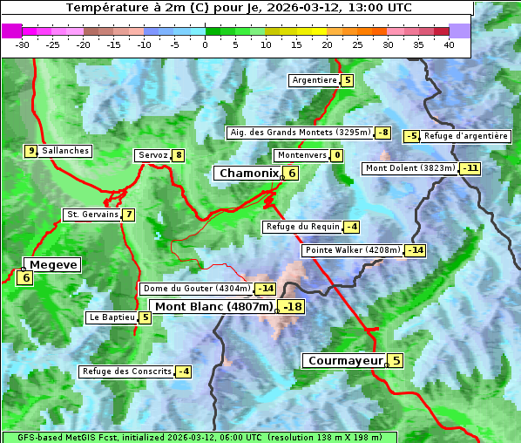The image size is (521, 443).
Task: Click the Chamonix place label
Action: tap(248, 174)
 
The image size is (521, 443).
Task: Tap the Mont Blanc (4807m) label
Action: tap(213, 307)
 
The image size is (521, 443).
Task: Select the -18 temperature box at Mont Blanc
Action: tap(292, 307)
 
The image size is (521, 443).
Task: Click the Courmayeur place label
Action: tap(345, 360)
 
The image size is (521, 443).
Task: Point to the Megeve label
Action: tap(53, 264)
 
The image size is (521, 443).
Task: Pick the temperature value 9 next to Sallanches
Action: tap(31, 151)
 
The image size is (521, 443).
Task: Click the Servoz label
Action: tap(152, 155)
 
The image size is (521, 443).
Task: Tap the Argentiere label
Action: tap(315, 80)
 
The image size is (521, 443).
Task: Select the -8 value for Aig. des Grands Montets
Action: tap(382, 133)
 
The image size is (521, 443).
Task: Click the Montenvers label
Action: tap(301, 155)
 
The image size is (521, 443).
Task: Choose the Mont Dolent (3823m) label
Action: tap(410, 168)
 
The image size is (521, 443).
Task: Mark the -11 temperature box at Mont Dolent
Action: tap(470, 168)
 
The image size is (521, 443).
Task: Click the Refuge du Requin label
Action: tap(302, 227)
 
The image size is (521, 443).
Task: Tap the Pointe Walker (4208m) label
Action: tap(352, 250)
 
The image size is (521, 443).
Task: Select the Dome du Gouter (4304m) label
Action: tap(196, 289)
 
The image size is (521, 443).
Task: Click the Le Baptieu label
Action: tap(112, 317)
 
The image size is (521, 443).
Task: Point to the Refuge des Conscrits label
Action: tap(126, 371)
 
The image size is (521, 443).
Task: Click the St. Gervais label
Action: tap(91, 215)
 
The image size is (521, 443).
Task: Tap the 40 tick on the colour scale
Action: tap(449, 44)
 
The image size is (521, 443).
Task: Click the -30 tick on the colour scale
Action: tap(23, 44)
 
